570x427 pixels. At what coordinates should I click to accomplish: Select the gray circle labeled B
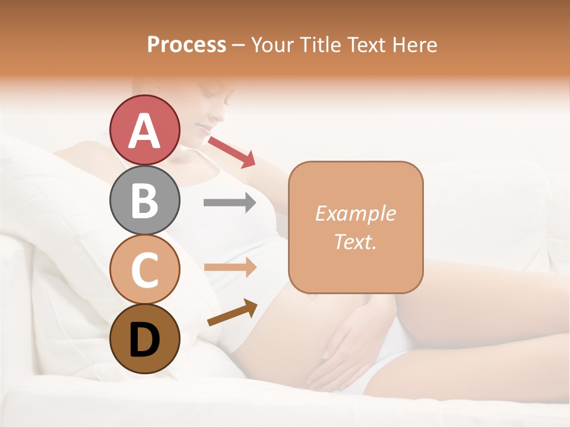pos(144,200)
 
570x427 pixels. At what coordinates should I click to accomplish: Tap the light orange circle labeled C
pos(144,269)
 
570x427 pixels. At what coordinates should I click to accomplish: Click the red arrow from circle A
pos(231,151)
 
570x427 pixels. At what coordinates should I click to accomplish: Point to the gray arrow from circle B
pos(230,203)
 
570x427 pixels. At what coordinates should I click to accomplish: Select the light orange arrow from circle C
pos(230,267)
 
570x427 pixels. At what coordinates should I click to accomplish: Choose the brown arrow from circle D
pos(232,313)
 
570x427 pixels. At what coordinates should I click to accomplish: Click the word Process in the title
pos(186,44)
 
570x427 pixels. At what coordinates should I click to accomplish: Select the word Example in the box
pos(355,213)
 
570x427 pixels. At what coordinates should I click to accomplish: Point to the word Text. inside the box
pos(355,241)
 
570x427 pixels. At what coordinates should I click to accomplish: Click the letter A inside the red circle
pos(144,130)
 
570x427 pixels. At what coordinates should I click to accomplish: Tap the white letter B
pos(144,200)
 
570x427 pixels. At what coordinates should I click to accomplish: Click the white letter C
pos(144,269)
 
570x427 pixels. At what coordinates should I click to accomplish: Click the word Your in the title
pos(273,44)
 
